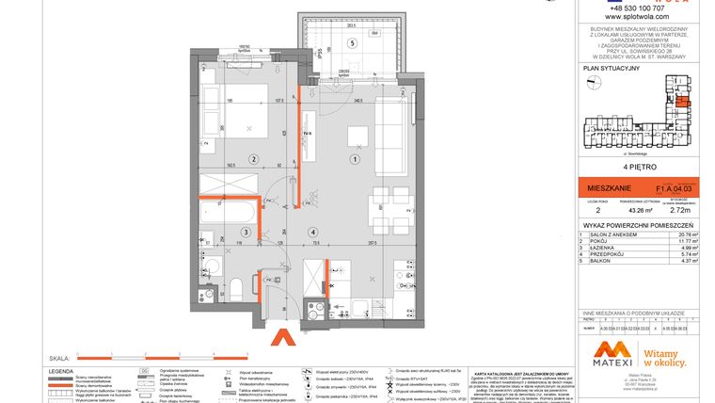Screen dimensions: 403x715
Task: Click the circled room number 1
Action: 354,158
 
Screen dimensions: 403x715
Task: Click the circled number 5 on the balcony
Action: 352,43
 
